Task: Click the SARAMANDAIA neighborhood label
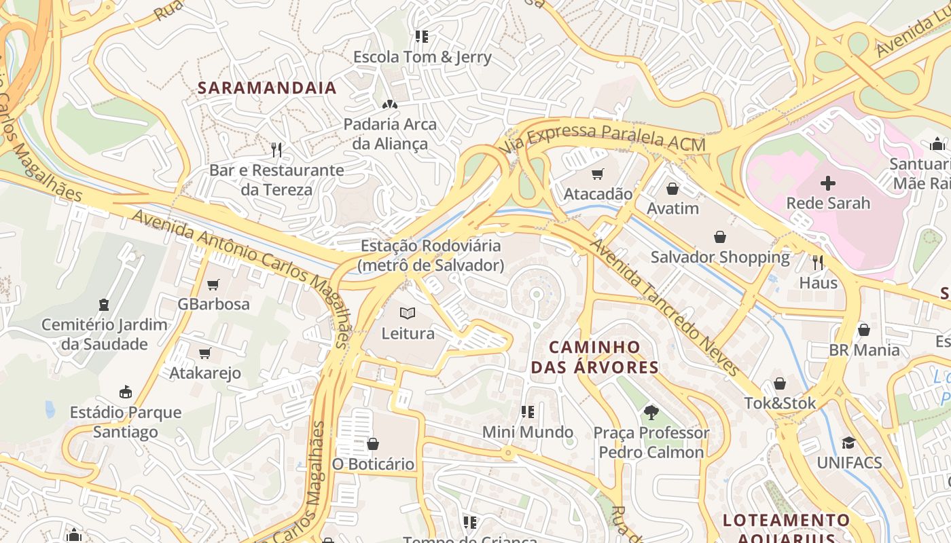tap(267, 88)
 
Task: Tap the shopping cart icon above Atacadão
tap(598, 174)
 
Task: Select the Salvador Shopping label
tap(720, 257)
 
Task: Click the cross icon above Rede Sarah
tap(827, 183)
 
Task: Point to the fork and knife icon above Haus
tap(818, 263)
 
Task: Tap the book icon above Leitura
tap(408, 313)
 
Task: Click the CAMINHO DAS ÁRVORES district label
tap(594, 357)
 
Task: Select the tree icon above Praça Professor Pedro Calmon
tap(651, 412)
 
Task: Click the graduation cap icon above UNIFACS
tap(848, 443)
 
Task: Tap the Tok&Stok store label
tap(780, 403)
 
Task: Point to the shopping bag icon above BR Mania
tap(864, 330)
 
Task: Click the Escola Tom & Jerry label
tap(422, 57)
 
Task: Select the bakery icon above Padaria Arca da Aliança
tap(389, 105)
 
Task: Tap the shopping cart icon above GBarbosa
tap(213, 284)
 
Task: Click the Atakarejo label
tap(204, 373)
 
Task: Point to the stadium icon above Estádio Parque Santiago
tap(126, 392)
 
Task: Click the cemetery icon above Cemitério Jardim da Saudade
tap(104, 305)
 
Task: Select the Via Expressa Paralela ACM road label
tap(602, 136)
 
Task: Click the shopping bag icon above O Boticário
tap(372, 445)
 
